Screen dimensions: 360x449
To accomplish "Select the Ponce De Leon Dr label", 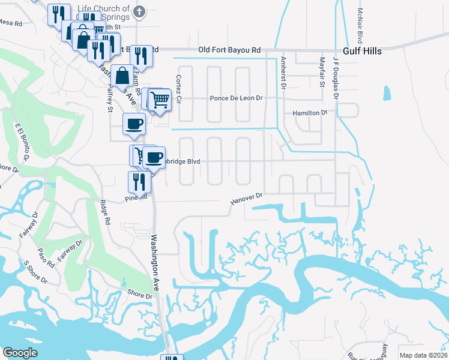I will coord(236,98).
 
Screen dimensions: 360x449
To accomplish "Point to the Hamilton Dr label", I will coord(310,112).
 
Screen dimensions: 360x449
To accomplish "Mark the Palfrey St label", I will coord(109,98).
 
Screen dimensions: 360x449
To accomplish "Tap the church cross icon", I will coord(139,11).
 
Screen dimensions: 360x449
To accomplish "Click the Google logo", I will coord(20,353).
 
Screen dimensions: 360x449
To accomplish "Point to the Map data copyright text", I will coord(423,355).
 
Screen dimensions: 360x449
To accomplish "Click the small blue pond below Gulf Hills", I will coord(386,93).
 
